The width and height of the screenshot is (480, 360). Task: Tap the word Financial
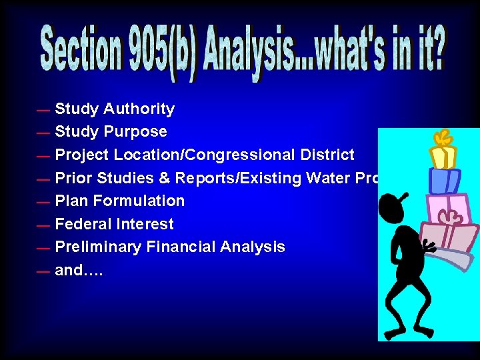click(x=179, y=247)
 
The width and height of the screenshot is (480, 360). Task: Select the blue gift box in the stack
click(x=445, y=180)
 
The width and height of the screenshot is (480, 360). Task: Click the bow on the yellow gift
click(x=441, y=138)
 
